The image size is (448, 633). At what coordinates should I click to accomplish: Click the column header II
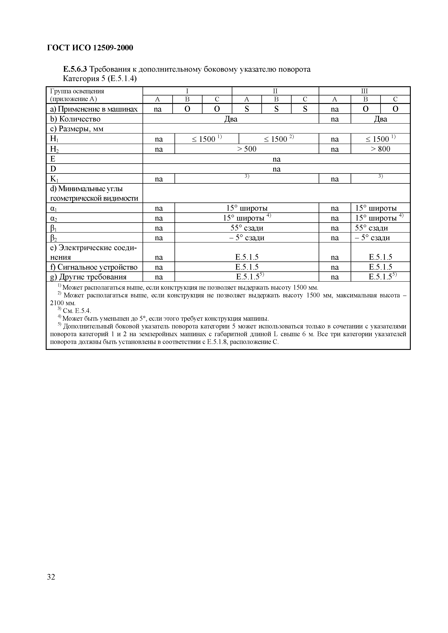(x=275, y=91)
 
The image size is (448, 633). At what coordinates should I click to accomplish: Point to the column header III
(x=364, y=91)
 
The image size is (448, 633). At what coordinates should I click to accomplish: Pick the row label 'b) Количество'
(x=75, y=119)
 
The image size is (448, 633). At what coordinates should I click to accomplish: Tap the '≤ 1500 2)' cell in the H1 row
(x=279, y=139)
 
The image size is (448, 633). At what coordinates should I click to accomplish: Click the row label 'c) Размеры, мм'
(x=77, y=129)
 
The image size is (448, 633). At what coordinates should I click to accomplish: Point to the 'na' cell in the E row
(x=276, y=159)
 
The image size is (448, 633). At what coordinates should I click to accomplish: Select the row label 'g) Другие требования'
(x=88, y=277)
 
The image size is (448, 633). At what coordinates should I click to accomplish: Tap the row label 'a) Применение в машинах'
(x=94, y=109)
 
